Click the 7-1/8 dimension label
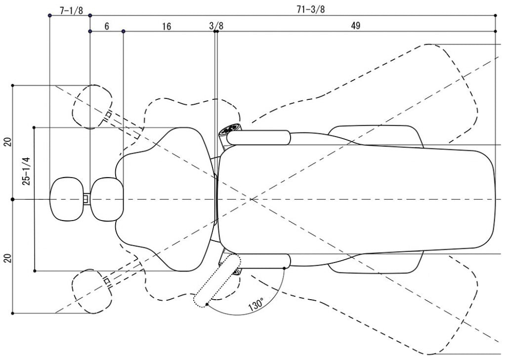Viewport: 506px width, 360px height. tap(71, 11)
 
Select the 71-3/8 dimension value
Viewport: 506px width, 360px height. tap(311, 10)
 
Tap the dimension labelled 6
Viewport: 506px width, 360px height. tap(107, 26)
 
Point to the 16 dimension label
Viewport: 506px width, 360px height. tap(167, 26)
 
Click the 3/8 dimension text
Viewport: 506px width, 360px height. tap(216, 26)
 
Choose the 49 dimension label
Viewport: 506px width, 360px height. tap(356, 26)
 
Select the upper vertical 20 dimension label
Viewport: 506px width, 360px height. tap(8, 142)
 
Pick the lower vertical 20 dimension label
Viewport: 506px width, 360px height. tap(8, 258)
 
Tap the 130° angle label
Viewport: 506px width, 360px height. tap(256, 305)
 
